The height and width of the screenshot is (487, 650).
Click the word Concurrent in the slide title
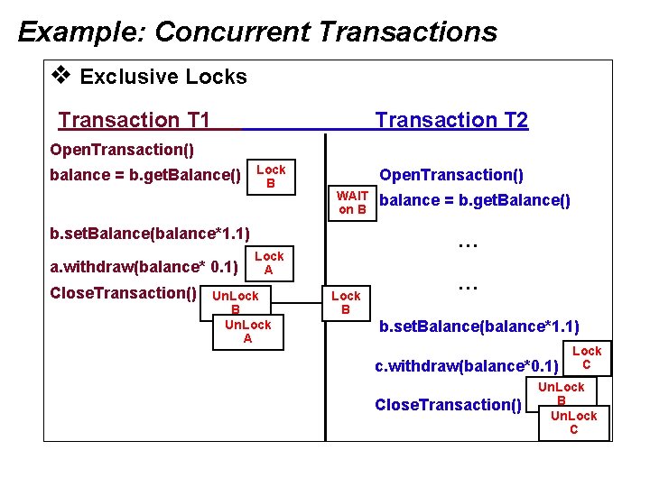[232, 32]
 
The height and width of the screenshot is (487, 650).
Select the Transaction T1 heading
[134, 120]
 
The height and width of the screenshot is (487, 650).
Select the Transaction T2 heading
[451, 120]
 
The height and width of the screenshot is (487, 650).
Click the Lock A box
[268, 262]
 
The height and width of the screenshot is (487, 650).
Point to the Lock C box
[586, 358]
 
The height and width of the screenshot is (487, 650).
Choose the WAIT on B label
[352, 203]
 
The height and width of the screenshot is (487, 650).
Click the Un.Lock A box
[247, 331]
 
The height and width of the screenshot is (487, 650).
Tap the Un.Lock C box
[573, 422]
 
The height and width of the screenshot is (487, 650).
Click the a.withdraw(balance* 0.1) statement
[144, 267]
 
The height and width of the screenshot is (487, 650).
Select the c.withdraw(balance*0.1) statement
[466, 366]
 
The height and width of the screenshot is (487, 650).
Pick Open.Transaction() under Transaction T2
[451, 175]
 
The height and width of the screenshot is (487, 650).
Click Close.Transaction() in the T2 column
[448, 404]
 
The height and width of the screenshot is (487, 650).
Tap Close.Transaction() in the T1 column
[124, 293]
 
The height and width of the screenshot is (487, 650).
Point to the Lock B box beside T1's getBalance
[270, 176]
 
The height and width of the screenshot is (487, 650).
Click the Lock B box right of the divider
[345, 302]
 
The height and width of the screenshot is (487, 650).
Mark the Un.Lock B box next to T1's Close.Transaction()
[235, 301]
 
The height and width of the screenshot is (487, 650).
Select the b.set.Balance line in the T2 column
[478, 326]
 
